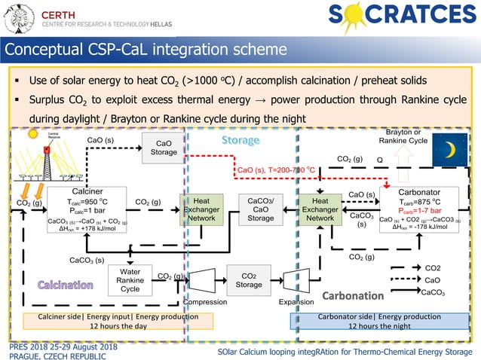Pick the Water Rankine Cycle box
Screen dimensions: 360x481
tap(130, 280)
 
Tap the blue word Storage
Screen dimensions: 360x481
tap(241, 141)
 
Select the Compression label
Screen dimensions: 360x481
tap(206, 301)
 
